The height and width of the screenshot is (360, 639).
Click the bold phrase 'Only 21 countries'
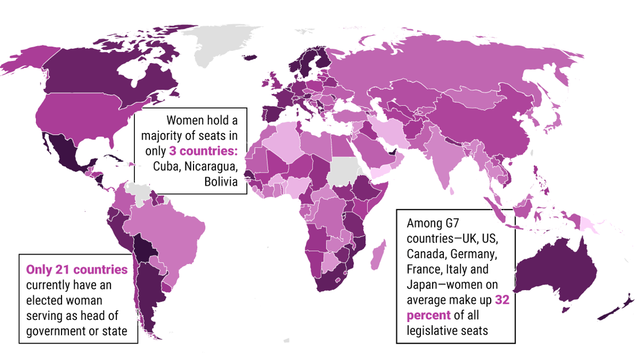pos(77,269)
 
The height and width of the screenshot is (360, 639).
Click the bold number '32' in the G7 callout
pos(502,300)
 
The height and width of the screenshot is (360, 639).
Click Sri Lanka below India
pos(452,191)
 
